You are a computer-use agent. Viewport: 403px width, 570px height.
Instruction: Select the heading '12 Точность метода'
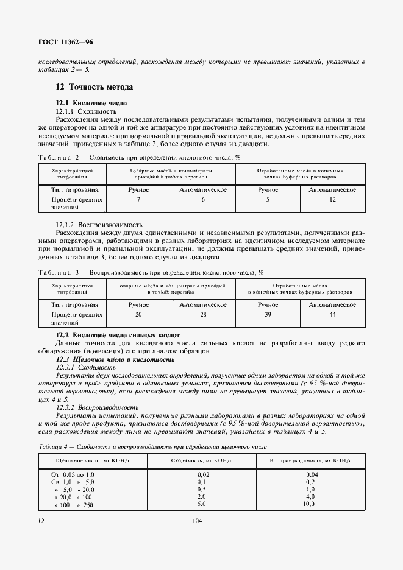(x=94, y=87)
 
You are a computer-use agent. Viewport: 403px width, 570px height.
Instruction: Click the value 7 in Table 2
(x=138, y=200)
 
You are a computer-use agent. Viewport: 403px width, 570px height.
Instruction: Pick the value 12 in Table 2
(x=332, y=200)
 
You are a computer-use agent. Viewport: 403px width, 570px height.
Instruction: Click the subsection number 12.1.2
(x=65, y=224)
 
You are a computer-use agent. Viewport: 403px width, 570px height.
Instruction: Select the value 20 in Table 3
(x=138, y=314)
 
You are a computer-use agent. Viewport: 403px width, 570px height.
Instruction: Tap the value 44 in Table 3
(x=332, y=314)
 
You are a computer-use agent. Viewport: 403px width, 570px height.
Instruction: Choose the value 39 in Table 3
(x=268, y=314)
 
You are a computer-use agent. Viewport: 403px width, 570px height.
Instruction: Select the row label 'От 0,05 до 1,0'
(x=73, y=474)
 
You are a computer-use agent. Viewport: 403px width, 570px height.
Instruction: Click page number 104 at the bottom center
(x=197, y=521)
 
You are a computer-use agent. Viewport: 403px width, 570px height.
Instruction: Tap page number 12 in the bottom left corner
(x=40, y=521)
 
